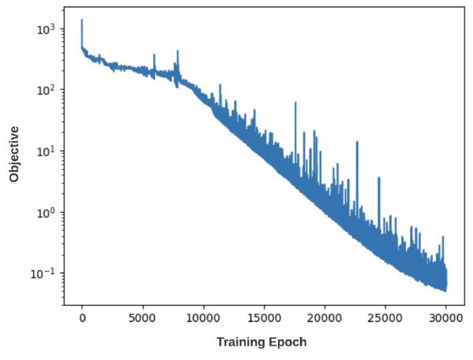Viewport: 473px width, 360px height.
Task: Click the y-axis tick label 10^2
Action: click(x=45, y=90)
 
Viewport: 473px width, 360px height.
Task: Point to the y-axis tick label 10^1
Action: click(x=45, y=151)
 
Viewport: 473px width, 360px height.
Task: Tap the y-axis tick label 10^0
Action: click(x=45, y=212)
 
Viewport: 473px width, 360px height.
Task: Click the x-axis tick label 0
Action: click(x=82, y=317)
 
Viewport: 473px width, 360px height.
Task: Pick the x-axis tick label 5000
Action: click(x=142, y=317)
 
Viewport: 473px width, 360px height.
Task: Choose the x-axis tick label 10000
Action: click(x=203, y=317)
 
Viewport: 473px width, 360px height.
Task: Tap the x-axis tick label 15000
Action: click(x=264, y=317)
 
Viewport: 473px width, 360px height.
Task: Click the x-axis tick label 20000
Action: click(x=324, y=317)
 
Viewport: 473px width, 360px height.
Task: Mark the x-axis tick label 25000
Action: click(x=385, y=317)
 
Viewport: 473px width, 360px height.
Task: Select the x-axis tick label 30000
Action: click(x=445, y=317)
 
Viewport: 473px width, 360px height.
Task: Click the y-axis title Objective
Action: click(x=14, y=154)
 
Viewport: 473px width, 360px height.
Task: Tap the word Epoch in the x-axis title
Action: click(x=289, y=342)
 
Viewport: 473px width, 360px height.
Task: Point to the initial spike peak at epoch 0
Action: click(x=82, y=20)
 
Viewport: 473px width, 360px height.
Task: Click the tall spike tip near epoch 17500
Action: click(x=295, y=101)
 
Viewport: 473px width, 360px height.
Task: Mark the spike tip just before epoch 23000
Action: click(x=357, y=142)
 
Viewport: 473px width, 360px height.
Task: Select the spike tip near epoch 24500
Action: click(x=379, y=177)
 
